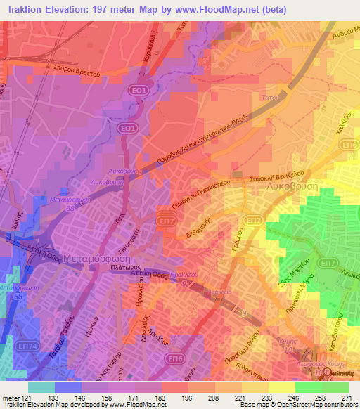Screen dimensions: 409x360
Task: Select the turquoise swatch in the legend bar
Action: click(x=41, y=387)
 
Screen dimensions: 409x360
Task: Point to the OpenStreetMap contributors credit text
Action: click(x=314, y=405)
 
